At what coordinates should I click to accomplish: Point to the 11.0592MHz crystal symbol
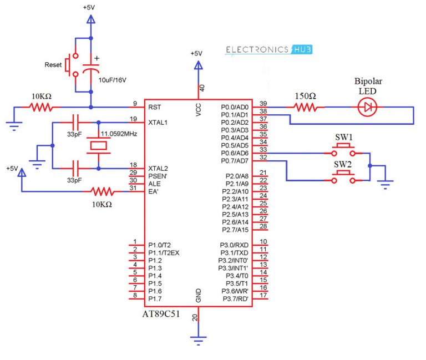[98, 145]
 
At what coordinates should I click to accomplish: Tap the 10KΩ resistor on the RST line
[41, 107]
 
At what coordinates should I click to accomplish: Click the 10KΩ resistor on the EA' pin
[103, 191]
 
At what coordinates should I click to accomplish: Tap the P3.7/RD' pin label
[236, 299]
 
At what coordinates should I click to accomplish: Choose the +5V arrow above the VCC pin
[198, 65]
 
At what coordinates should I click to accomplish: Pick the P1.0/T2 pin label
[160, 245]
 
